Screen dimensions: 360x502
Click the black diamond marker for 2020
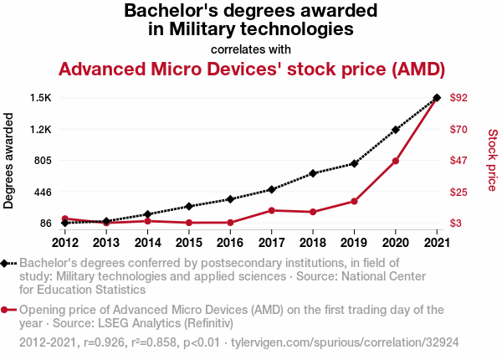pyautogui.click(x=395, y=130)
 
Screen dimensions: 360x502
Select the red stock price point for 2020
pyautogui.click(x=395, y=161)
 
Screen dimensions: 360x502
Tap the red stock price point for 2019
pyautogui.click(x=354, y=201)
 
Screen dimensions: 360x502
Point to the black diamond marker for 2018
pyautogui.click(x=313, y=173)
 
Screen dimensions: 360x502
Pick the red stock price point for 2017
pyautogui.click(x=271, y=210)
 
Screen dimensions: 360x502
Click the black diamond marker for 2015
pyautogui.click(x=189, y=206)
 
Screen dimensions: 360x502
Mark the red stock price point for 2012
pyautogui.click(x=65, y=219)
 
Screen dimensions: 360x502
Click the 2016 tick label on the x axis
pyautogui.click(x=230, y=243)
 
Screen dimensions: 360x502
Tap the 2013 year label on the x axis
pyautogui.click(x=106, y=243)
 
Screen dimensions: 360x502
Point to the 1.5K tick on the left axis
pyautogui.click(x=40, y=98)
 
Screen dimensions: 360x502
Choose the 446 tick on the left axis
pyautogui.click(x=42, y=192)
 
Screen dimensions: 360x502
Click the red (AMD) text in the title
pyautogui.click(x=417, y=68)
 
